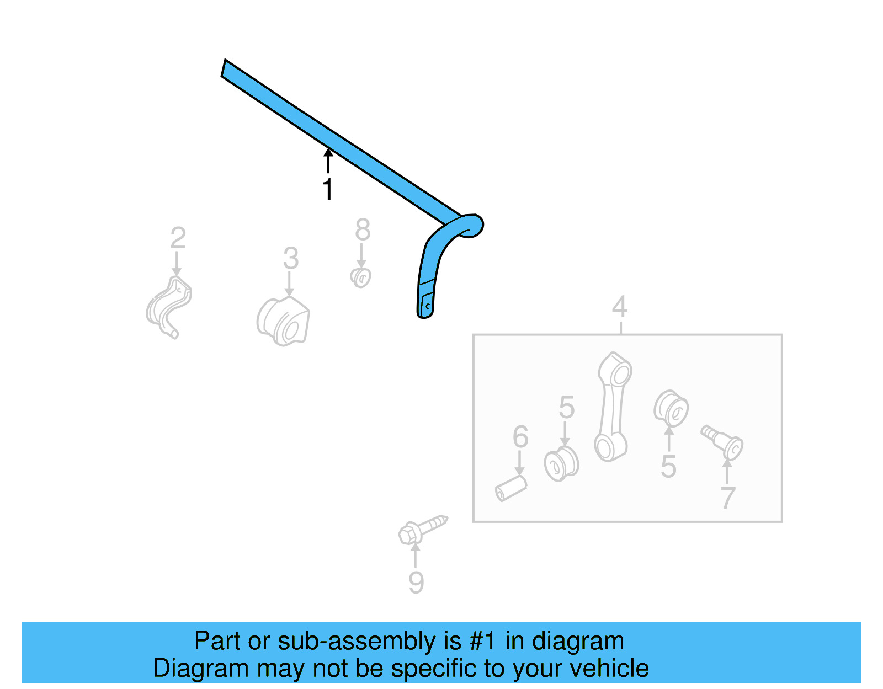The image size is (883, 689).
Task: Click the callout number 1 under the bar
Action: (x=328, y=189)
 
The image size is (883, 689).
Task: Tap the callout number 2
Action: (x=178, y=238)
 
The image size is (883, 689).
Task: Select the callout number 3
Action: (x=291, y=258)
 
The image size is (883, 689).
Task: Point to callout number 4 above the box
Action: (x=620, y=307)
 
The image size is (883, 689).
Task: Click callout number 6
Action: (x=520, y=437)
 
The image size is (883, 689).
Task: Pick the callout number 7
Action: (x=728, y=498)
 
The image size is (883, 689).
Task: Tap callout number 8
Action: (x=362, y=229)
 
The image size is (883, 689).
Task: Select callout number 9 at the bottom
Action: (x=416, y=583)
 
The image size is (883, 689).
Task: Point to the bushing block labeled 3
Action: (x=284, y=322)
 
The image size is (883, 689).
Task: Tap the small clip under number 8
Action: (x=361, y=277)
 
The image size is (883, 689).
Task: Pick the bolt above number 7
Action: (x=722, y=441)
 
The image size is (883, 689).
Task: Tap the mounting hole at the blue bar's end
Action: (x=427, y=306)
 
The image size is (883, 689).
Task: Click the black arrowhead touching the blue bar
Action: (x=328, y=152)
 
